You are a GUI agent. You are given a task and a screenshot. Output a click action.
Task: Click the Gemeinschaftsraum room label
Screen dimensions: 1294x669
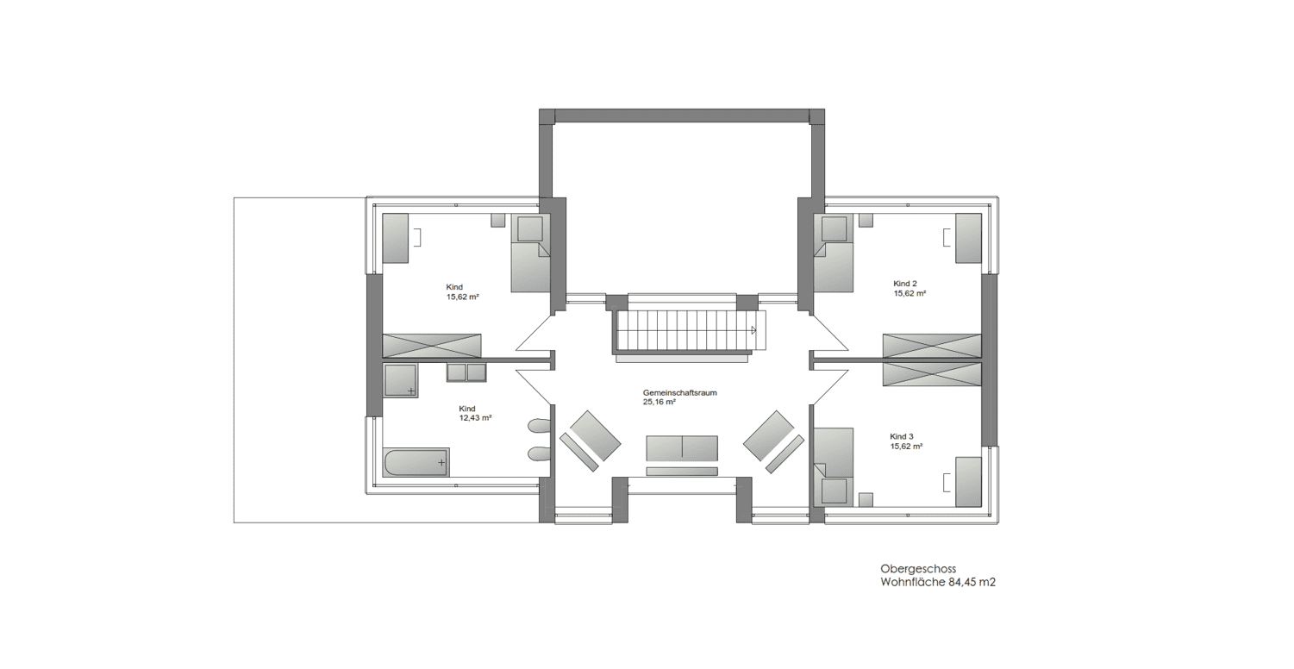point(680,393)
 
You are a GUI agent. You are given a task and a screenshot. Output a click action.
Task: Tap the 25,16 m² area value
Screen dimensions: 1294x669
point(660,402)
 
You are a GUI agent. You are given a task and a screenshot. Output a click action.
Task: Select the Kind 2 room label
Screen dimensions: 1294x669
point(905,284)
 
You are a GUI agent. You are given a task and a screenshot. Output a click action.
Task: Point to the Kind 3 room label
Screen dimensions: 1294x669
point(902,437)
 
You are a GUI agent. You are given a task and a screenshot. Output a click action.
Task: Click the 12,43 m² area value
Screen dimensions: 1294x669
point(475,417)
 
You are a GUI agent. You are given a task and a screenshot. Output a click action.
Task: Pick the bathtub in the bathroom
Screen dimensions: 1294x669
point(416,462)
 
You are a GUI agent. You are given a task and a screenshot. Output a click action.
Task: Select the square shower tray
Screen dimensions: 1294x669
point(400,380)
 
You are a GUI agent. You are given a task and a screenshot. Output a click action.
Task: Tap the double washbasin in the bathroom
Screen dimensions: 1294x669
point(466,372)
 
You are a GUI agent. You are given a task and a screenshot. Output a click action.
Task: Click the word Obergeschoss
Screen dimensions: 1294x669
point(918,569)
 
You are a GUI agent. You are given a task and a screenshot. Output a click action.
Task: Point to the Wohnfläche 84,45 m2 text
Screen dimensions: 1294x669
point(938,582)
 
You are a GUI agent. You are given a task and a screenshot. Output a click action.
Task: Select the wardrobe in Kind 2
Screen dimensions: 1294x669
point(933,346)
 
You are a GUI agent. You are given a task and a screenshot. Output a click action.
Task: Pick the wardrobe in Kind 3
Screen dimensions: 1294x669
point(933,374)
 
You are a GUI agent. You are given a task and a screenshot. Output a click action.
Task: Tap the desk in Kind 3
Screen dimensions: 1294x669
point(969,482)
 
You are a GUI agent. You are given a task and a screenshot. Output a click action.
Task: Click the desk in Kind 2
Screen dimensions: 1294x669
point(969,238)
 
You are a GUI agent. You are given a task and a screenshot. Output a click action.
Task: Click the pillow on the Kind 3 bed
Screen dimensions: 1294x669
point(834,491)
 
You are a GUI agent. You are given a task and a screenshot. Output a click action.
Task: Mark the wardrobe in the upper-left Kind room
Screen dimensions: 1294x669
point(432,346)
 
